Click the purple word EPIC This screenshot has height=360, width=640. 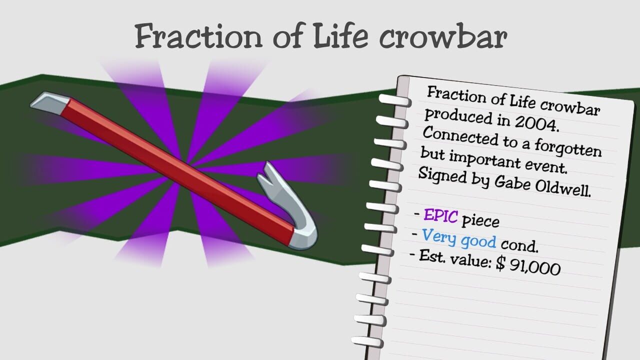[x=440, y=216]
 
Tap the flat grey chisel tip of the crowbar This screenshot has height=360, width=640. [x=50, y=101]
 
